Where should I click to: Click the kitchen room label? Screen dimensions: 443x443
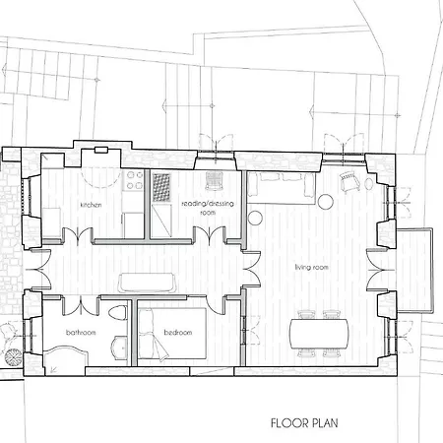pos(91,205)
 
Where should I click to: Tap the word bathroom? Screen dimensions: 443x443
pos(81,333)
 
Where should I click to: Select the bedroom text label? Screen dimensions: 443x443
pos(178,333)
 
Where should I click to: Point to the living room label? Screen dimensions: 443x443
pos(311,268)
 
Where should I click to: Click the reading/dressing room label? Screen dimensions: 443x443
pos(208,208)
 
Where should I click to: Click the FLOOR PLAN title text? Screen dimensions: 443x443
pos(304,423)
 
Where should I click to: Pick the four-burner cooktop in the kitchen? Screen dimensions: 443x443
pos(133,180)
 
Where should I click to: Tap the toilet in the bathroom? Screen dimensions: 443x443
pos(117,313)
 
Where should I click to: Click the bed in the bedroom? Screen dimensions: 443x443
pos(172,333)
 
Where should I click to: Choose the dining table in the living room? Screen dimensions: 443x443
pos(319,334)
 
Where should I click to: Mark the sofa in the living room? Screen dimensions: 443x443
pos(282,188)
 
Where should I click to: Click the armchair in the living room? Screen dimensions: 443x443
pos(349,181)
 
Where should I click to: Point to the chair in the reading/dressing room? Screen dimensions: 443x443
pos(215,180)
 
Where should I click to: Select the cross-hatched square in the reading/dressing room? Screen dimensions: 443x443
pos(161,187)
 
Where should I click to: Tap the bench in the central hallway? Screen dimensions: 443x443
pos(147,283)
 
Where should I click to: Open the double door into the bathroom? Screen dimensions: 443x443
pos(81,305)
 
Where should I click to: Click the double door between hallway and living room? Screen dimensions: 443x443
pos(252,270)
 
